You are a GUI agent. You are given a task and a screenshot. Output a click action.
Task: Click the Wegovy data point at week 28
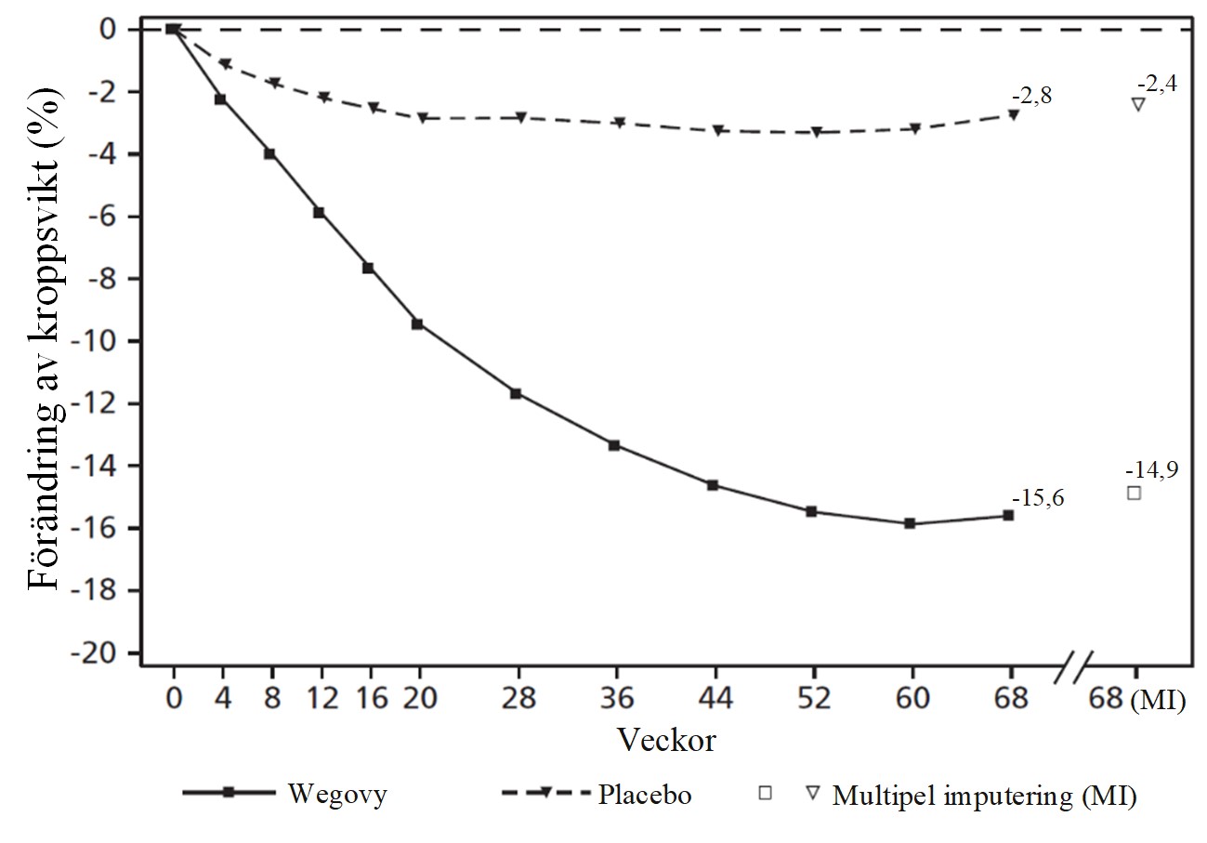point(516,393)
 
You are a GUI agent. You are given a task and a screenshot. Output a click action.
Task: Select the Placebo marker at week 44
point(717,130)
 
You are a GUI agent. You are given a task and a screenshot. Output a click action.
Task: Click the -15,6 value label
point(1039,499)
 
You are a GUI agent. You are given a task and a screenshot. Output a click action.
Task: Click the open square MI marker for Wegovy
point(1134,493)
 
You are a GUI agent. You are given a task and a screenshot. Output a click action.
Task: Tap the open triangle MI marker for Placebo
point(1137,104)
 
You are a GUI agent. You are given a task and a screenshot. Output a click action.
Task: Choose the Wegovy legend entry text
point(337,796)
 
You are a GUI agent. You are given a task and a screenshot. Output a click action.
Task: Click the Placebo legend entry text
point(645,796)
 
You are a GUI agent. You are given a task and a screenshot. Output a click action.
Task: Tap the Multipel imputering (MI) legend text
point(985,796)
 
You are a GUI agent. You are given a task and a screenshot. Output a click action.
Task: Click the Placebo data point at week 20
point(421,118)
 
